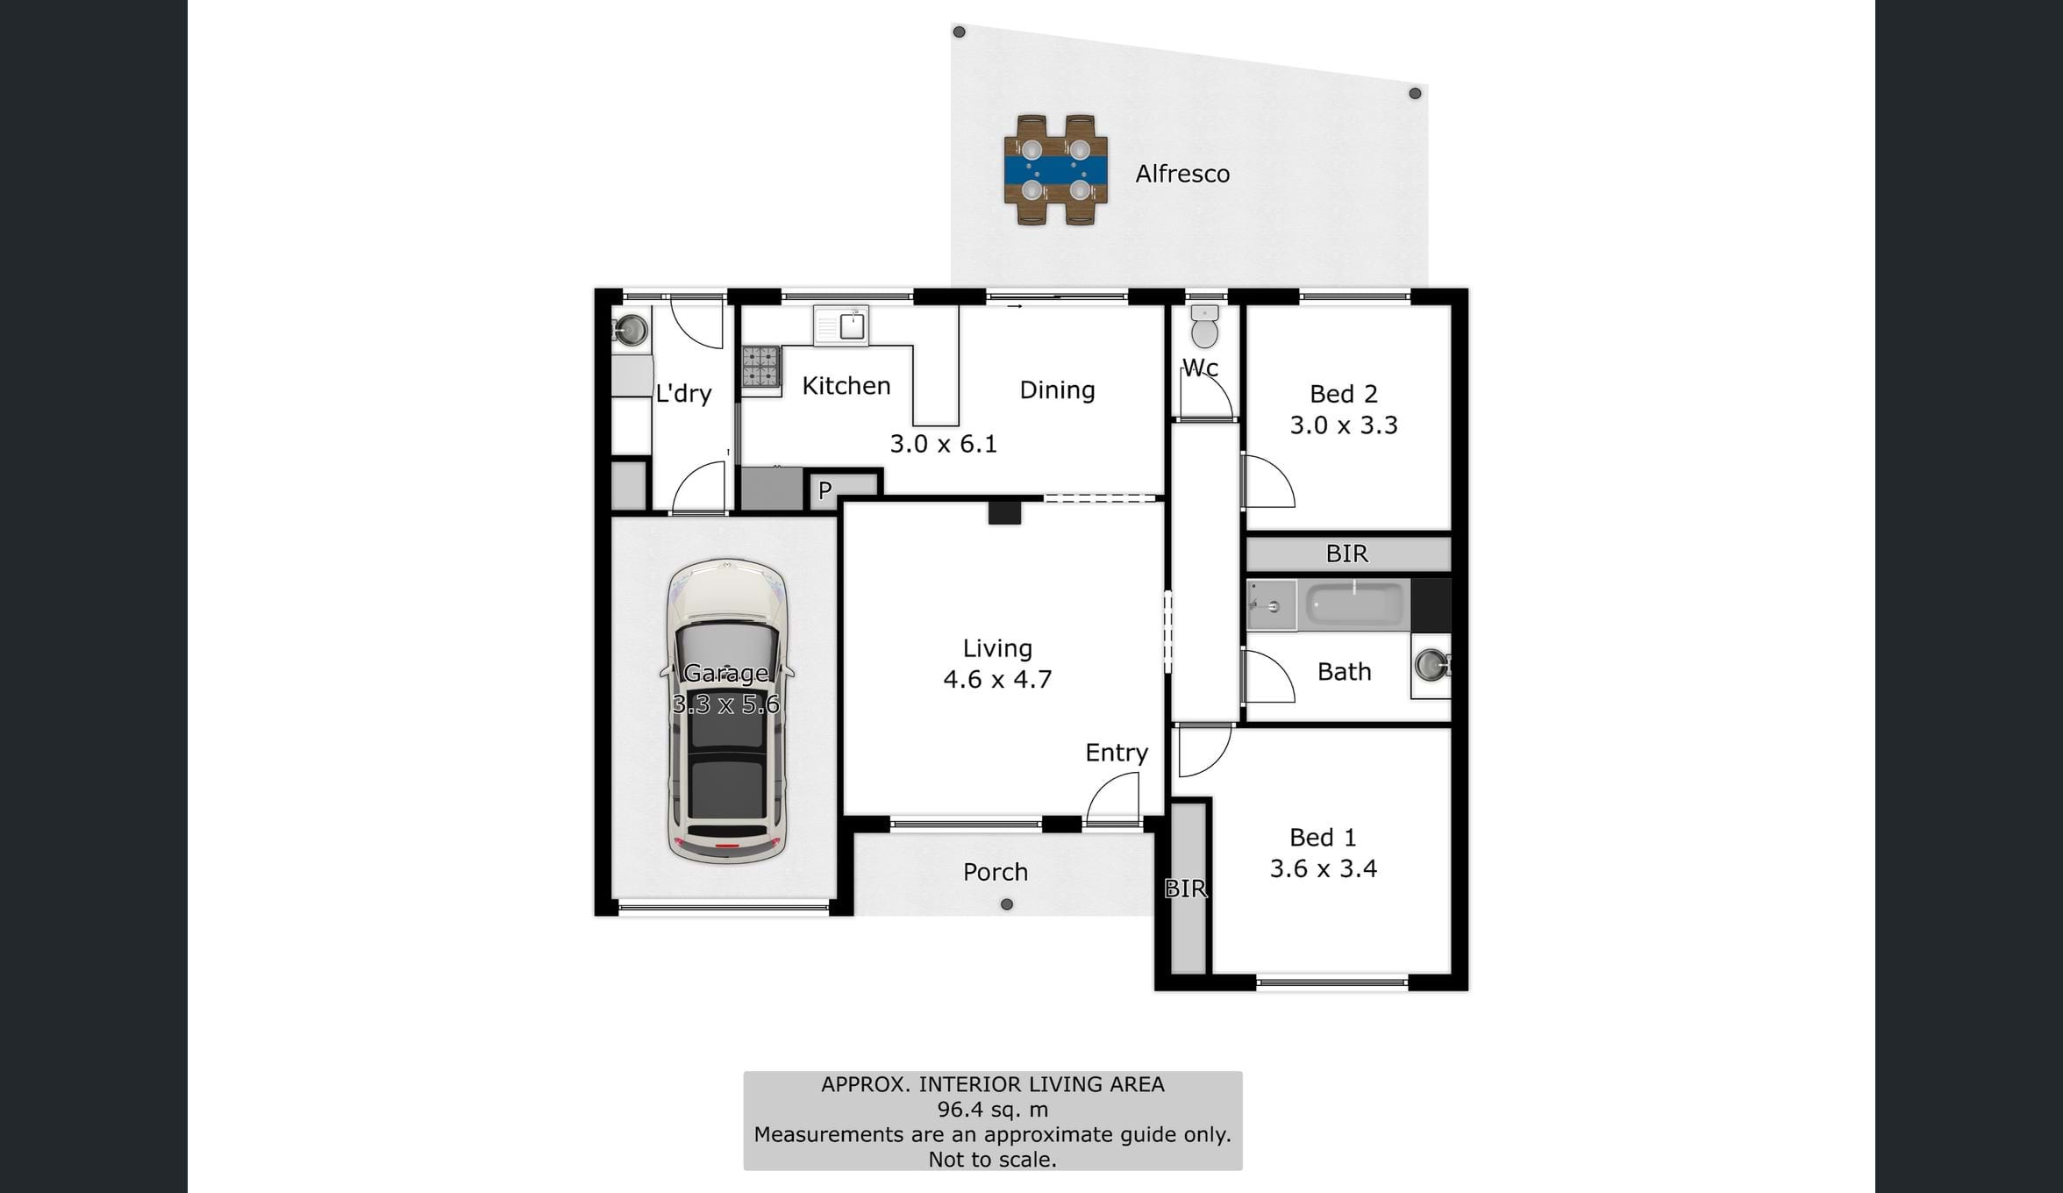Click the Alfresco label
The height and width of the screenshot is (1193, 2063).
(x=1182, y=174)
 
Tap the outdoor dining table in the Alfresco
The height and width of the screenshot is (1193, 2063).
(x=1056, y=170)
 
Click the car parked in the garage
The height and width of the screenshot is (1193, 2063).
(x=726, y=711)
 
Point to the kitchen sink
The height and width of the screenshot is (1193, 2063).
(x=840, y=325)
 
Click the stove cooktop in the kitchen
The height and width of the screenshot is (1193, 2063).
(x=761, y=367)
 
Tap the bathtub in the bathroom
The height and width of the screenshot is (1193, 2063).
(x=1355, y=604)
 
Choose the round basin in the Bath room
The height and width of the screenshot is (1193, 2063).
(x=1431, y=664)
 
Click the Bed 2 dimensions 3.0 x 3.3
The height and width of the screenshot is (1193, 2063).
(x=1344, y=425)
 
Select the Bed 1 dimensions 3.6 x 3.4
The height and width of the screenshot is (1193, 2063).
(x=1324, y=868)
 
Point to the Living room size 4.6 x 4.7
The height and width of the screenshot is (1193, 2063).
(x=997, y=679)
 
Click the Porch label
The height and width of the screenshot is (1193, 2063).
(x=996, y=872)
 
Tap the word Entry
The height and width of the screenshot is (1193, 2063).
(x=1117, y=753)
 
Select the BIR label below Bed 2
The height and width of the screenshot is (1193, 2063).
(x=1347, y=554)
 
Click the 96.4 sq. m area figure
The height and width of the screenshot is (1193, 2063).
(x=993, y=1110)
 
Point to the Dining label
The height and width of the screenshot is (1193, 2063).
(x=1057, y=390)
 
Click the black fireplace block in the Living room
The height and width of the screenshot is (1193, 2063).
(x=1004, y=512)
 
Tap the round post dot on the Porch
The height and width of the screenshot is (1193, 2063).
(x=1007, y=904)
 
